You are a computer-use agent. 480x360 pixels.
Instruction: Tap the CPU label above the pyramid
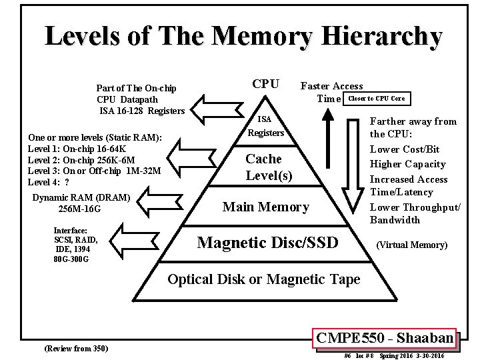(265, 85)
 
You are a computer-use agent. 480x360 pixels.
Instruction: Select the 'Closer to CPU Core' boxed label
(375, 99)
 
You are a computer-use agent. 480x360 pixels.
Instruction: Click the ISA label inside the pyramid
(265, 119)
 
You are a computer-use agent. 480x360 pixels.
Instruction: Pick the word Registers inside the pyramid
(265, 133)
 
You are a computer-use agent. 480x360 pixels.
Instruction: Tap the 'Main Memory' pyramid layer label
(265, 207)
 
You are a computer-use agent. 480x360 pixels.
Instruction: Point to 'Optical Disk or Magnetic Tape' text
(263, 279)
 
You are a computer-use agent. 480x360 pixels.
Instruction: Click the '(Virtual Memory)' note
(412, 245)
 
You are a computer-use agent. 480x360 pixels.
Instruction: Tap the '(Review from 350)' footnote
(75, 349)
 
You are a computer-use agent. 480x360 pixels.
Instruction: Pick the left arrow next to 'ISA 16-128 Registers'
(207, 106)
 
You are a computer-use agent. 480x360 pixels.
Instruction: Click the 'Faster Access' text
(332, 86)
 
